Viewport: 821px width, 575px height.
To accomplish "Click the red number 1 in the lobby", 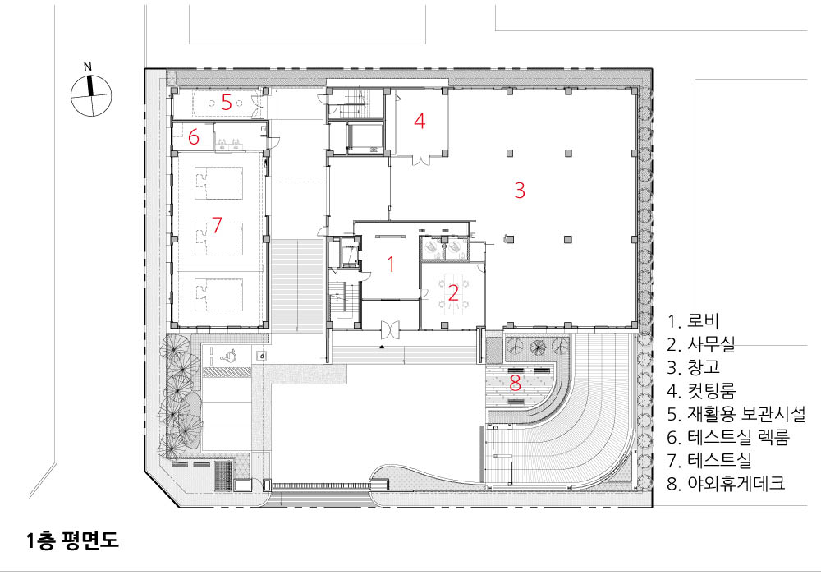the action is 391,264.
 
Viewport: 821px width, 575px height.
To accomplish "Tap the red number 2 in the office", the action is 453,292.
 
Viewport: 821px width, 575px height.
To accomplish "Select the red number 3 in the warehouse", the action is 520,190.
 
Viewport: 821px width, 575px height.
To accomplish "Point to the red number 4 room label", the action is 420,121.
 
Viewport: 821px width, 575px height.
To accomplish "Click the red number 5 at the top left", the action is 227,102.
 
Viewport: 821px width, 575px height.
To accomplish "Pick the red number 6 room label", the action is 194,137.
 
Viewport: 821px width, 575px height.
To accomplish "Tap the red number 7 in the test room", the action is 217,225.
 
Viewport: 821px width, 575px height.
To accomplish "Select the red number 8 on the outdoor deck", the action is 516,384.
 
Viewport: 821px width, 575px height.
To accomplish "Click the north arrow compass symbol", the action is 91,95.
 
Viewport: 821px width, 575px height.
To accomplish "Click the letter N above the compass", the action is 88,67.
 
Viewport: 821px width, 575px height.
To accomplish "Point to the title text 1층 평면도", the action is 72,540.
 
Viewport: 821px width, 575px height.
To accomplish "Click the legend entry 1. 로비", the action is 693,321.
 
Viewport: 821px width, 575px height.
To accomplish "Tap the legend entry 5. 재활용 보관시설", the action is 736,414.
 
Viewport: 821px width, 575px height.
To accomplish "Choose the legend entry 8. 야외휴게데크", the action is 726,483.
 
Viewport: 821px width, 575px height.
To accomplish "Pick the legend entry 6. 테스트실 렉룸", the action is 728,437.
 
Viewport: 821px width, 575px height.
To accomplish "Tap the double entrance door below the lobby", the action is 390,329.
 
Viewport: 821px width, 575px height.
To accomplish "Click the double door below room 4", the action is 421,160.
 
